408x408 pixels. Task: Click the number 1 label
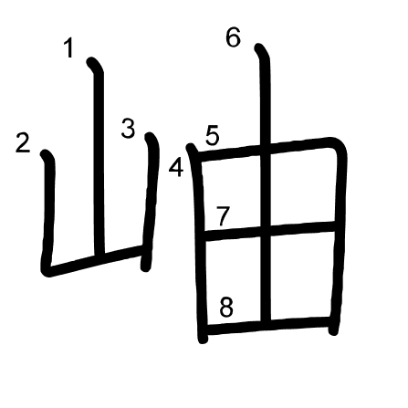pos(69,47)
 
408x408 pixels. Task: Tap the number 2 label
pos(23,142)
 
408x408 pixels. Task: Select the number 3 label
pos(128,129)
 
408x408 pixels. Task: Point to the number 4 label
pos(176,168)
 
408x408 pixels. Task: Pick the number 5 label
pos(212,136)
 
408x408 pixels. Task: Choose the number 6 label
pos(234,37)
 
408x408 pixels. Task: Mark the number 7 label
pos(223,216)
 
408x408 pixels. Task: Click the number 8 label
pos(226,307)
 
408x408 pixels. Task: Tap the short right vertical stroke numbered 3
pos(151,202)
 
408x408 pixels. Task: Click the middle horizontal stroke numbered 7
pos(270,230)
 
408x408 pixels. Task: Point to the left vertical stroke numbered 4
pos(199,244)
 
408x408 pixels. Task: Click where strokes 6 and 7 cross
pos(266,230)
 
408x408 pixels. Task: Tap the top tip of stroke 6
pos(258,47)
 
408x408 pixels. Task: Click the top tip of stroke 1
pos(91,62)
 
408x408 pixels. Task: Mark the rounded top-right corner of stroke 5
pos(339,145)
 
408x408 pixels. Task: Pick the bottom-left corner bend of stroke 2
pos(47,270)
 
